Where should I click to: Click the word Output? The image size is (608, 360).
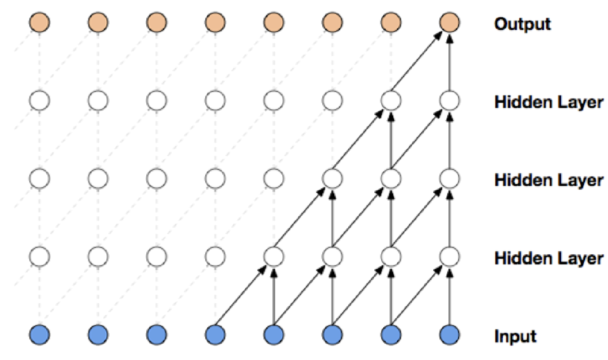coord(522,24)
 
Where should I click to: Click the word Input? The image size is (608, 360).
coord(515,337)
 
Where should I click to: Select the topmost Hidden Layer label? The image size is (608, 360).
coord(548,102)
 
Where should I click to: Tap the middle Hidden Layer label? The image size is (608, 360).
coord(548,180)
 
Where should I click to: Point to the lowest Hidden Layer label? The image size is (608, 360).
coord(548,258)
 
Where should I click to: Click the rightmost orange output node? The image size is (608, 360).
coord(450,22)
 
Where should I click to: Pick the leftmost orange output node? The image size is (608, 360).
coord(39,22)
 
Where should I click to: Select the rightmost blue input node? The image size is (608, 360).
coord(450,334)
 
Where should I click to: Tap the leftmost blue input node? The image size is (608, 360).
coord(39,334)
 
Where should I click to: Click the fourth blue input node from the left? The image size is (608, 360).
coord(215,334)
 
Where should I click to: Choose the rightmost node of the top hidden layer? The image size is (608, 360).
coord(450,100)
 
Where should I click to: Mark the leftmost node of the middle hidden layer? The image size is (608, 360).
coord(39,179)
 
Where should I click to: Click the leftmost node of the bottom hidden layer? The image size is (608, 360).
coord(39,256)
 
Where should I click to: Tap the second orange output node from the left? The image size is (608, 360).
coord(98,22)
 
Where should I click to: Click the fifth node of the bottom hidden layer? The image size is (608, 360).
coord(274,256)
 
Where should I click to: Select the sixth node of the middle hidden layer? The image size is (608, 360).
coord(332,179)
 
